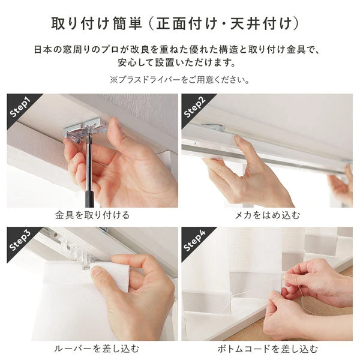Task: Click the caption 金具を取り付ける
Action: pos(92,214)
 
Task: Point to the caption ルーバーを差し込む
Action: pos(92,348)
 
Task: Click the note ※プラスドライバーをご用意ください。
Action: pos(179,79)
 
